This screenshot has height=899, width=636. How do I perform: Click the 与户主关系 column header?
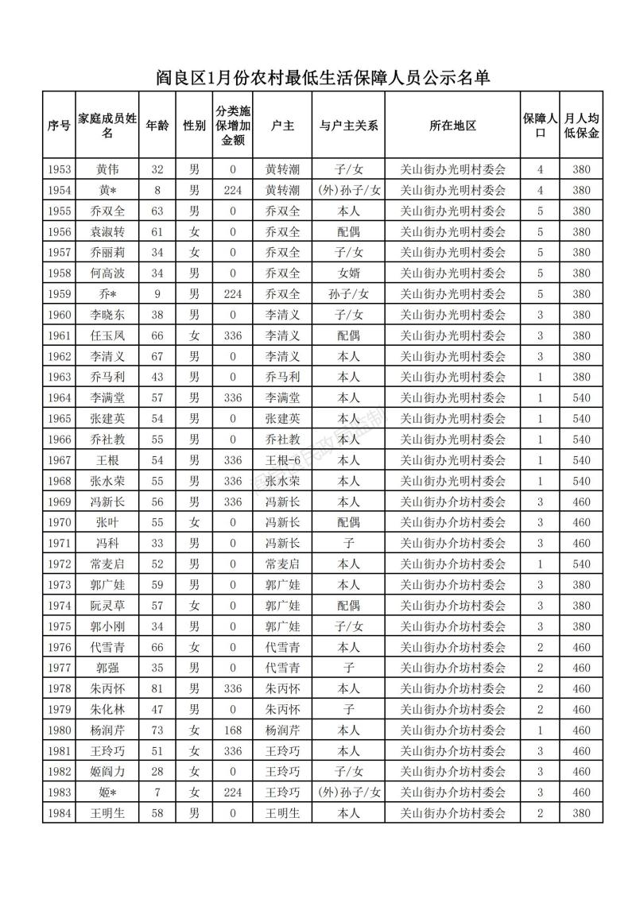point(348,126)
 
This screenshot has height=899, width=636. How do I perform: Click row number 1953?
point(60,169)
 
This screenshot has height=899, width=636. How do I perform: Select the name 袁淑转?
point(108,231)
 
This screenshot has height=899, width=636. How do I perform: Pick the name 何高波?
point(108,273)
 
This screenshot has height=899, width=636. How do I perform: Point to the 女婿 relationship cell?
point(348,273)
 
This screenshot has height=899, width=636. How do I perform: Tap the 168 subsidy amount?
point(233,730)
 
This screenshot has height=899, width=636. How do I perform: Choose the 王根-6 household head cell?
point(282,459)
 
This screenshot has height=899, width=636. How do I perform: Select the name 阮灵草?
point(108,606)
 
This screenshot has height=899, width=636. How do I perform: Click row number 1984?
point(60,812)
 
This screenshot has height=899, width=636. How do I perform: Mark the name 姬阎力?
point(108,771)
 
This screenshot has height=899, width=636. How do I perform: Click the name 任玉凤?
point(108,335)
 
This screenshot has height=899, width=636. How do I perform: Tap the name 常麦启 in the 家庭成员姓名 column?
point(108,564)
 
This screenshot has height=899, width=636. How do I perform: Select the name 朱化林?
point(108,709)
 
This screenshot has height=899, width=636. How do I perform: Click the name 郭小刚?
point(108,626)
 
